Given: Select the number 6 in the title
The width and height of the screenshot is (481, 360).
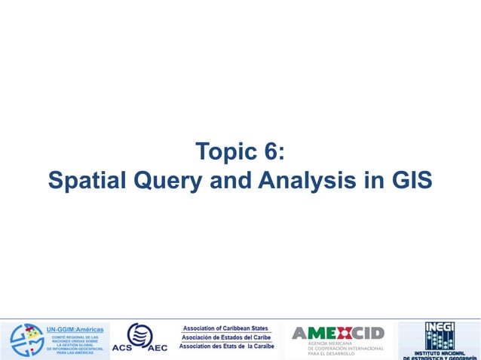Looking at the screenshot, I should tap(269, 151).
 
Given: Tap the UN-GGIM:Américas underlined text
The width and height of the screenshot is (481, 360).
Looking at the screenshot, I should tap(75, 330).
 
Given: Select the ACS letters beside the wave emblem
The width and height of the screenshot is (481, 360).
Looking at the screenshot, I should tap(123, 348).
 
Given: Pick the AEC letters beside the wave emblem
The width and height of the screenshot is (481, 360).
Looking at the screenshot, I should tap(158, 348).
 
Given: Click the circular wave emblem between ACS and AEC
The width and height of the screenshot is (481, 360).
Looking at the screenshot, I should tap(139, 334).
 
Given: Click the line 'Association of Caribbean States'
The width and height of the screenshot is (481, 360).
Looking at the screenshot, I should tap(225, 328).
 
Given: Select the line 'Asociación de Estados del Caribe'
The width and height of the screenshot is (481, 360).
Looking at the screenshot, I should tap(225, 337).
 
